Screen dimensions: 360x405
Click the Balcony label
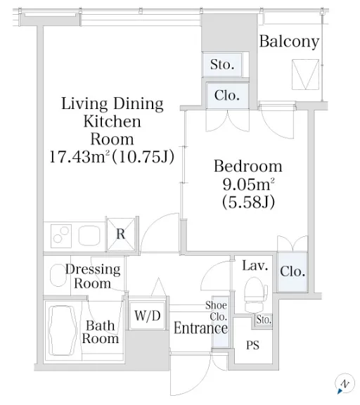[289, 42]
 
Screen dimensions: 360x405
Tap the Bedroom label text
[248, 166]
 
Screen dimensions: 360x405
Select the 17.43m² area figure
[79, 157]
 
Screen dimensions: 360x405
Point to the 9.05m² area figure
[248, 184]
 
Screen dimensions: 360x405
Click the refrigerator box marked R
[121, 234]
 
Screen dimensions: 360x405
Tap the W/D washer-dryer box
[147, 315]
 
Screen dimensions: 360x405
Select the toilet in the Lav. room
[256, 295]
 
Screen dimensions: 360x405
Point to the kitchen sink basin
[89, 236]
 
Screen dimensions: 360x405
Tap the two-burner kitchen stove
[61, 236]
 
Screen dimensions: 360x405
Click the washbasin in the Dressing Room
[58, 275]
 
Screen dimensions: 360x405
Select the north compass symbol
[345, 384]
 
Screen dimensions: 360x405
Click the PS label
[252, 345]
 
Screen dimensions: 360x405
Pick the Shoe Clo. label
[217, 311]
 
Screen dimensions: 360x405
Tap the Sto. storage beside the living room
[222, 65]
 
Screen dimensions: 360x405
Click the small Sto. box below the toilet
[264, 320]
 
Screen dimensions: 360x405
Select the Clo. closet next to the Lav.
[292, 271]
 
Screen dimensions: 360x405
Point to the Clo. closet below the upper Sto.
[227, 96]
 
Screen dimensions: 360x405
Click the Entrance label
[200, 328]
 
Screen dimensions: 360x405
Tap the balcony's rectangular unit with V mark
[306, 75]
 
